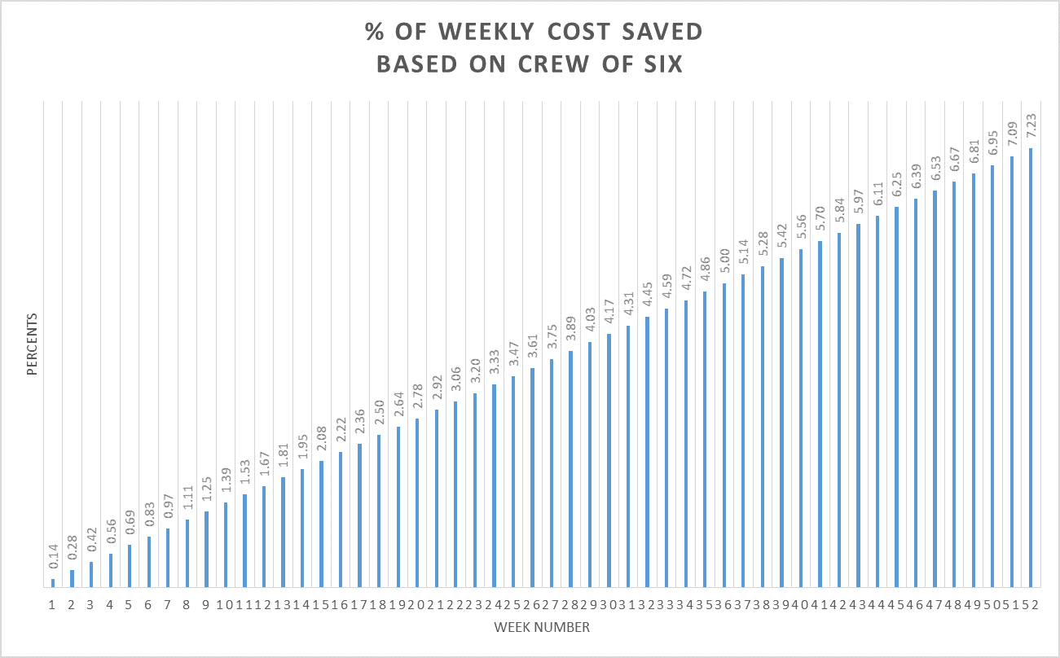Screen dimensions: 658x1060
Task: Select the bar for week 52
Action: pyautogui.click(x=1031, y=366)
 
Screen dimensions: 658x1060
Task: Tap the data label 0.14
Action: pyautogui.click(x=53, y=561)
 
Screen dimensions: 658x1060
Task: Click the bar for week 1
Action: pyautogui.click(x=53, y=582)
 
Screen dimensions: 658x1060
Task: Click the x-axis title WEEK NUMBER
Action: pyautogui.click(x=541, y=627)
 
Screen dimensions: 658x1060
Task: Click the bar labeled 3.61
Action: pyautogui.click(x=533, y=477)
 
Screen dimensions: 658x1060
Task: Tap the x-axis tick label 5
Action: pyautogui.click(x=129, y=605)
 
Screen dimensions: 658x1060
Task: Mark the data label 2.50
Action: pyautogui.click(x=379, y=417)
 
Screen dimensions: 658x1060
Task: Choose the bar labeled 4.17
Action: pyautogui.click(x=609, y=460)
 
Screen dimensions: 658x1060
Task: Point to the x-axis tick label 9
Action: pyautogui.click(x=205, y=605)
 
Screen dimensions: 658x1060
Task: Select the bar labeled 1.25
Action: pyautogui.click(x=206, y=549)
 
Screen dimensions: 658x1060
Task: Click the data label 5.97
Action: pyautogui.click(x=858, y=206)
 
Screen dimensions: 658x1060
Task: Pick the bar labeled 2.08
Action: pyautogui.click(x=322, y=524)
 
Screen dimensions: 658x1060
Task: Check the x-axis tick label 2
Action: pyautogui.click(x=72, y=605)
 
